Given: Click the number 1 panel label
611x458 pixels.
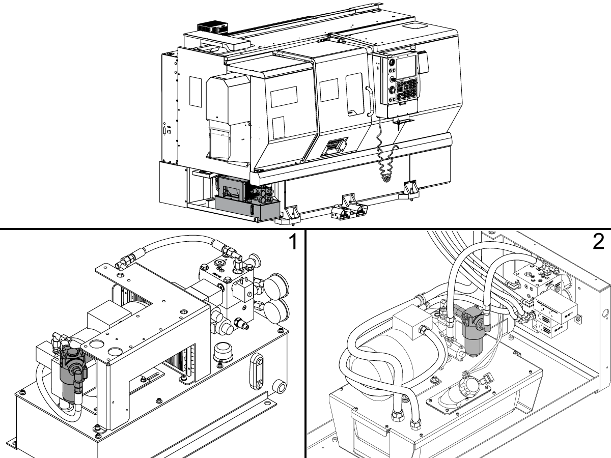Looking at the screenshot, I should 292,243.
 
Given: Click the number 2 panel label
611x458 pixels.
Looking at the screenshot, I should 598,243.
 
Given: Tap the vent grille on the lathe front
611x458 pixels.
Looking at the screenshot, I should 334,146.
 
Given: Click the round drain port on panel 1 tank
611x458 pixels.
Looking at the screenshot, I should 279,385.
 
